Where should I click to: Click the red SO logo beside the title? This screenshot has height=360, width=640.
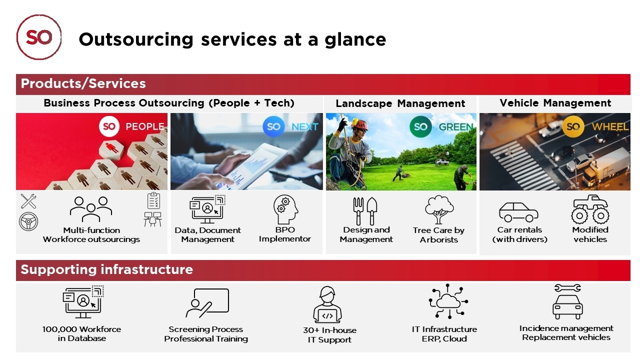coord(39,37)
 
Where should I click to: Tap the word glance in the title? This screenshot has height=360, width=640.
coord(355,40)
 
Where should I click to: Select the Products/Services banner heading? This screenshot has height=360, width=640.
coord(83,83)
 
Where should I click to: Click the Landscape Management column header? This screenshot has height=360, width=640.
coord(400,103)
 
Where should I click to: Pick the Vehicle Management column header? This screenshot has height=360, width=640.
coord(555,103)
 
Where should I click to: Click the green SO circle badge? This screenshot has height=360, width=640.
coord(420,126)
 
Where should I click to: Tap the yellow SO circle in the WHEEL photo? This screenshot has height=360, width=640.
coord(573,126)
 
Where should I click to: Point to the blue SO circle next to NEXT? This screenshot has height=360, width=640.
coord(273,126)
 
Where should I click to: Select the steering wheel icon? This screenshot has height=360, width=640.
coord(28,221)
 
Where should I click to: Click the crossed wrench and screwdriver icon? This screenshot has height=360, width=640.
coord(28,201)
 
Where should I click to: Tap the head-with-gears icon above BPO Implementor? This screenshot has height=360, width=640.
coord(285,209)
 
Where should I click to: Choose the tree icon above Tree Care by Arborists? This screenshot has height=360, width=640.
coord(439,209)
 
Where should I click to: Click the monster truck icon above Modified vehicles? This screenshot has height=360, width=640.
coord(590,209)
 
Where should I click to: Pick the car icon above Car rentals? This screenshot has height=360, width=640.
coord(518,212)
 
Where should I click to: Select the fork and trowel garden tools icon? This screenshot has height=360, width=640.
coord(365,211)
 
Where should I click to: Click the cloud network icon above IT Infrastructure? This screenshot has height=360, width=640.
coord(448,301)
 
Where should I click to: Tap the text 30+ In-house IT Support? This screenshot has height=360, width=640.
coord(329,335)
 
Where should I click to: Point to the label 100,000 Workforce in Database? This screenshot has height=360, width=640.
coord(81,333)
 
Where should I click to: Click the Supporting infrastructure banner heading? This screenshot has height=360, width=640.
coord(107,269)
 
